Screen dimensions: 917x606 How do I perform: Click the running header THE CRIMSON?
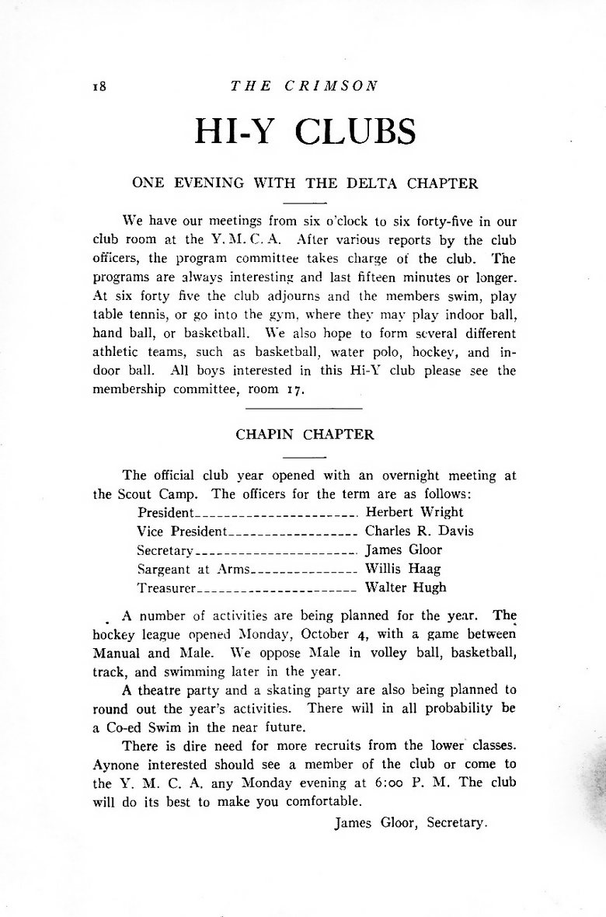[304, 85]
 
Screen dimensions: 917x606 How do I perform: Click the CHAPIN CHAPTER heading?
[305, 435]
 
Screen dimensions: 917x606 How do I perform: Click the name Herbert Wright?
[414, 512]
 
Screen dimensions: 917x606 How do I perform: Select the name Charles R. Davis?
[419, 532]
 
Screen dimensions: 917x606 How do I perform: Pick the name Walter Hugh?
[406, 588]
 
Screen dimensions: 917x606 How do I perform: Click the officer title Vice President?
[182, 532]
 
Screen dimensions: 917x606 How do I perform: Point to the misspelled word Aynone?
[117, 763]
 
